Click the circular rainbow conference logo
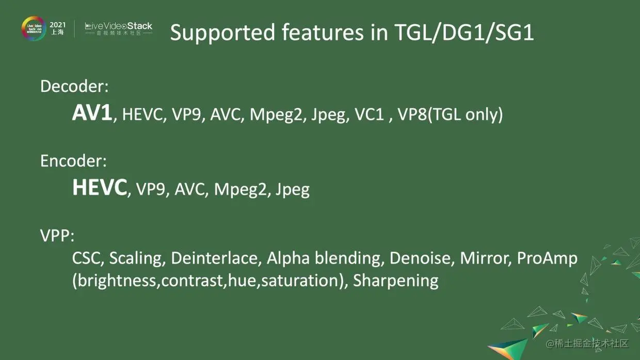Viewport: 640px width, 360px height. click(34, 28)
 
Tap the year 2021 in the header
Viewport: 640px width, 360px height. click(57, 25)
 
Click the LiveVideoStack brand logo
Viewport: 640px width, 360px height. click(119, 28)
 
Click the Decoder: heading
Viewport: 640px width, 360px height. click(74, 86)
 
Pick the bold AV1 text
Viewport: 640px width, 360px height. click(92, 113)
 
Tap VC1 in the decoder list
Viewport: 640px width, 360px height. click(369, 114)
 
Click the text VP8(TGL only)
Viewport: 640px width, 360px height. click(450, 114)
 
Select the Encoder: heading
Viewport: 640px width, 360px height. click(73, 161)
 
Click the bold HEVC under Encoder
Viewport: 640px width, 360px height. click(100, 187)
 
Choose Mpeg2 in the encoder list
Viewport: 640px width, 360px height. click(241, 190)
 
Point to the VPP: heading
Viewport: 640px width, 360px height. click(57, 236)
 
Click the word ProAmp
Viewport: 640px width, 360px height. click(547, 258)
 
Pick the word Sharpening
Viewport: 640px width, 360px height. click(396, 281)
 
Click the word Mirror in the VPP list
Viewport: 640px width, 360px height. click(484, 258)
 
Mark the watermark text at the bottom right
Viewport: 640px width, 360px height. click(587, 343)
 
